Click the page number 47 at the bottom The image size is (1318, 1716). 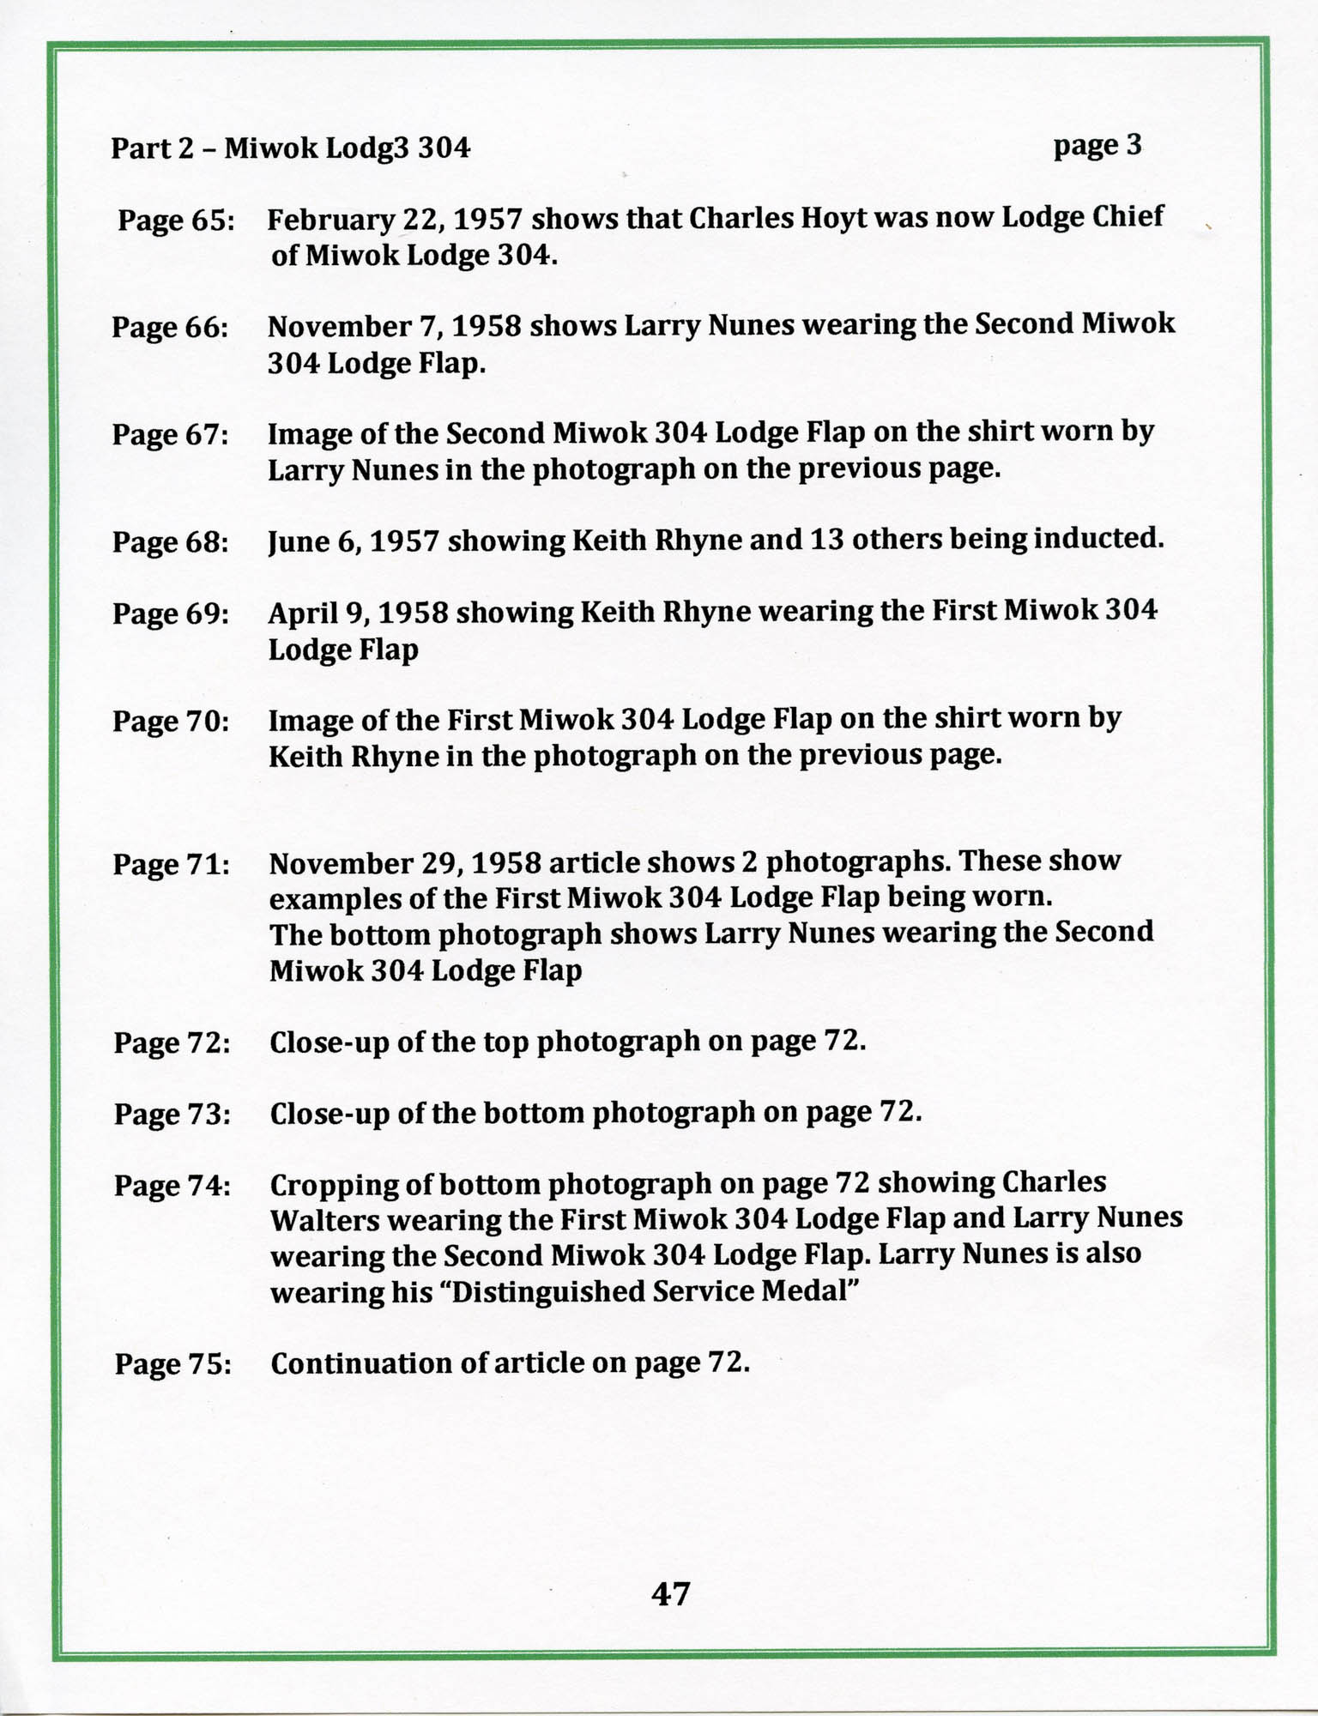[x=670, y=1593]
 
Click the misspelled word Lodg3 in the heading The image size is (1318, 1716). [x=370, y=149]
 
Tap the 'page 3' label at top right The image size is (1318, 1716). [x=1097, y=146]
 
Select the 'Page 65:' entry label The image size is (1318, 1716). [x=176, y=221]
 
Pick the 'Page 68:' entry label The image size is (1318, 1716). [x=170, y=542]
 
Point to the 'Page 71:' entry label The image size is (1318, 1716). [x=171, y=864]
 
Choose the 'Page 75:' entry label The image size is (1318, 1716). [x=172, y=1363]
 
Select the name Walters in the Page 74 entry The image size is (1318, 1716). [x=325, y=1221]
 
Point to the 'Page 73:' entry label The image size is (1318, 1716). [x=172, y=1115]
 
